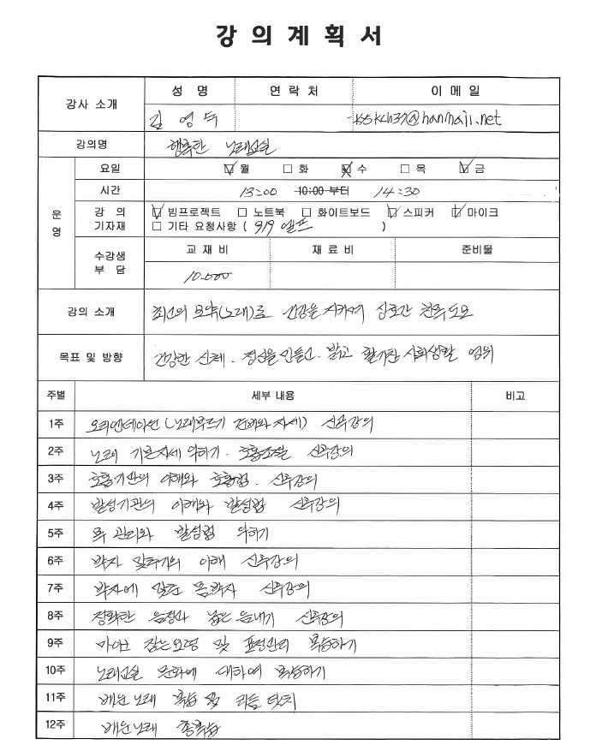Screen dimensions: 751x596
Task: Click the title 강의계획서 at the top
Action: (298, 37)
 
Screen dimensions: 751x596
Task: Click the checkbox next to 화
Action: (288, 170)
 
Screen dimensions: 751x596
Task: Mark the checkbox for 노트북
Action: (242, 212)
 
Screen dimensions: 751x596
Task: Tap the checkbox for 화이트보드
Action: (307, 212)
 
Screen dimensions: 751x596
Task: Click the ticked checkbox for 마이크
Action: (458, 212)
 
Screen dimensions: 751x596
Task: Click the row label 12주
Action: (57, 725)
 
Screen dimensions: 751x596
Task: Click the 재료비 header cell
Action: (332, 250)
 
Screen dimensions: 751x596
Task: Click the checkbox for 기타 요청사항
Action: (157, 227)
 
